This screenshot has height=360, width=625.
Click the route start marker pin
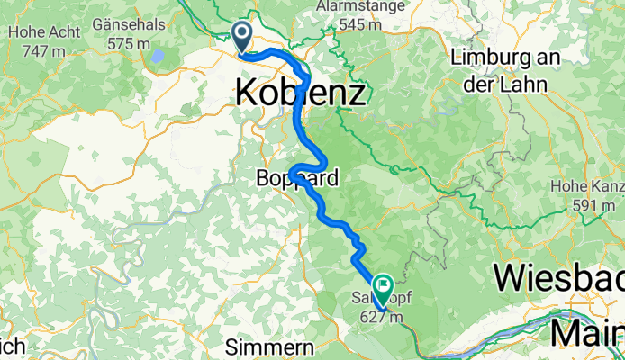pos(242,37)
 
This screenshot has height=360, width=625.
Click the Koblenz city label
pos(301,92)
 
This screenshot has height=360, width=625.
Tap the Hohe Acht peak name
pos(32,33)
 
